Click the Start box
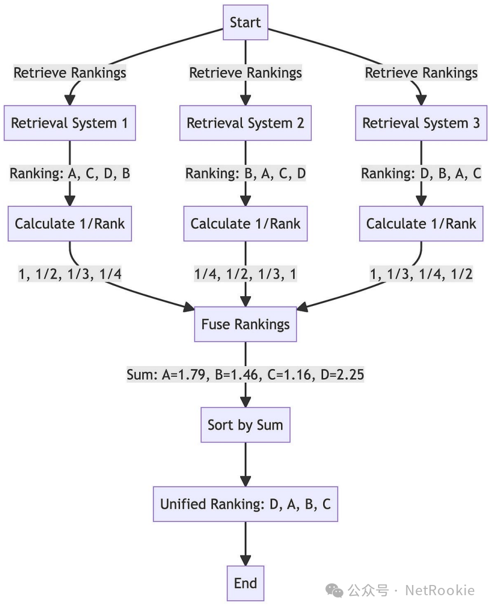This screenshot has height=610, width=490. pos(245,23)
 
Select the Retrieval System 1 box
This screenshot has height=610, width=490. pos(70,123)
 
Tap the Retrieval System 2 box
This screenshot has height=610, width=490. pos(245,123)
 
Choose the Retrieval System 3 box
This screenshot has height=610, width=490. pos(421,123)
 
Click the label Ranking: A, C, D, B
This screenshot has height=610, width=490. pos(70,174)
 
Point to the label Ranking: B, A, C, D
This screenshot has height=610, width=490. pos(245,174)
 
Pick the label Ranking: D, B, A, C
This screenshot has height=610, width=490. pos(421,174)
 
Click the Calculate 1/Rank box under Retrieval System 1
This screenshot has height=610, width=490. pos(70,223)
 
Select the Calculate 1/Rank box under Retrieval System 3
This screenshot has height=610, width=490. pos(421,223)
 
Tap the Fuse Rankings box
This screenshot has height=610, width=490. pos(245,324)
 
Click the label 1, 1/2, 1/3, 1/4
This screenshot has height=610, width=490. pos(70,275)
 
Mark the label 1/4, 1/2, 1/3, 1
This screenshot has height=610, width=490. pos(245,275)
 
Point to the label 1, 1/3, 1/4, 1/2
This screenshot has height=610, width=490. pos(421,275)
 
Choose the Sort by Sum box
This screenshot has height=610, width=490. pos(245,425)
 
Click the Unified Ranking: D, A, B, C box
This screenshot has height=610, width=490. pos(245,504)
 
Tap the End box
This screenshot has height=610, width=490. pos(245,583)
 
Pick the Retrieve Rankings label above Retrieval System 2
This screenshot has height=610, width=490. pos(245,73)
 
